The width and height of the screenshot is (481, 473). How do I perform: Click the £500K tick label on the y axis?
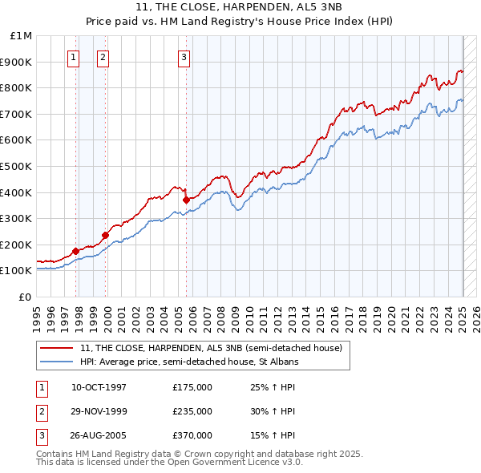[16, 166]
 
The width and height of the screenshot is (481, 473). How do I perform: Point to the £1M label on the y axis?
[22, 36]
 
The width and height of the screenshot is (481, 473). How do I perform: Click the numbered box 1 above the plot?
[73, 57]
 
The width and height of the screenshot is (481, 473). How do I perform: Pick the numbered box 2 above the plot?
[104, 57]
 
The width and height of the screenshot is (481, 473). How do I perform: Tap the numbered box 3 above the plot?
[184, 57]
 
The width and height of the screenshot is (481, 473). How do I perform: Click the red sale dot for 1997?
[76, 251]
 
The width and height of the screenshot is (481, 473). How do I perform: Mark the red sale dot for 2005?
[186, 200]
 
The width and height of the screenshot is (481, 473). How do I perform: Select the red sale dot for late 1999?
[105, 235]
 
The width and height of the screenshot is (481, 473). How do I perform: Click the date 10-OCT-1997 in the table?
[99, 387]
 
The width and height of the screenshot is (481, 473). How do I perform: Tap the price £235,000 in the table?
[192, 411]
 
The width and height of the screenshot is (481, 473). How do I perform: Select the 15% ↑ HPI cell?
[273, 435]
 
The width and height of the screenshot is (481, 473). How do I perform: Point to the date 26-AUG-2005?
[99, 435]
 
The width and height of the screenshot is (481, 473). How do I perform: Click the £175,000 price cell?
[192, 387]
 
